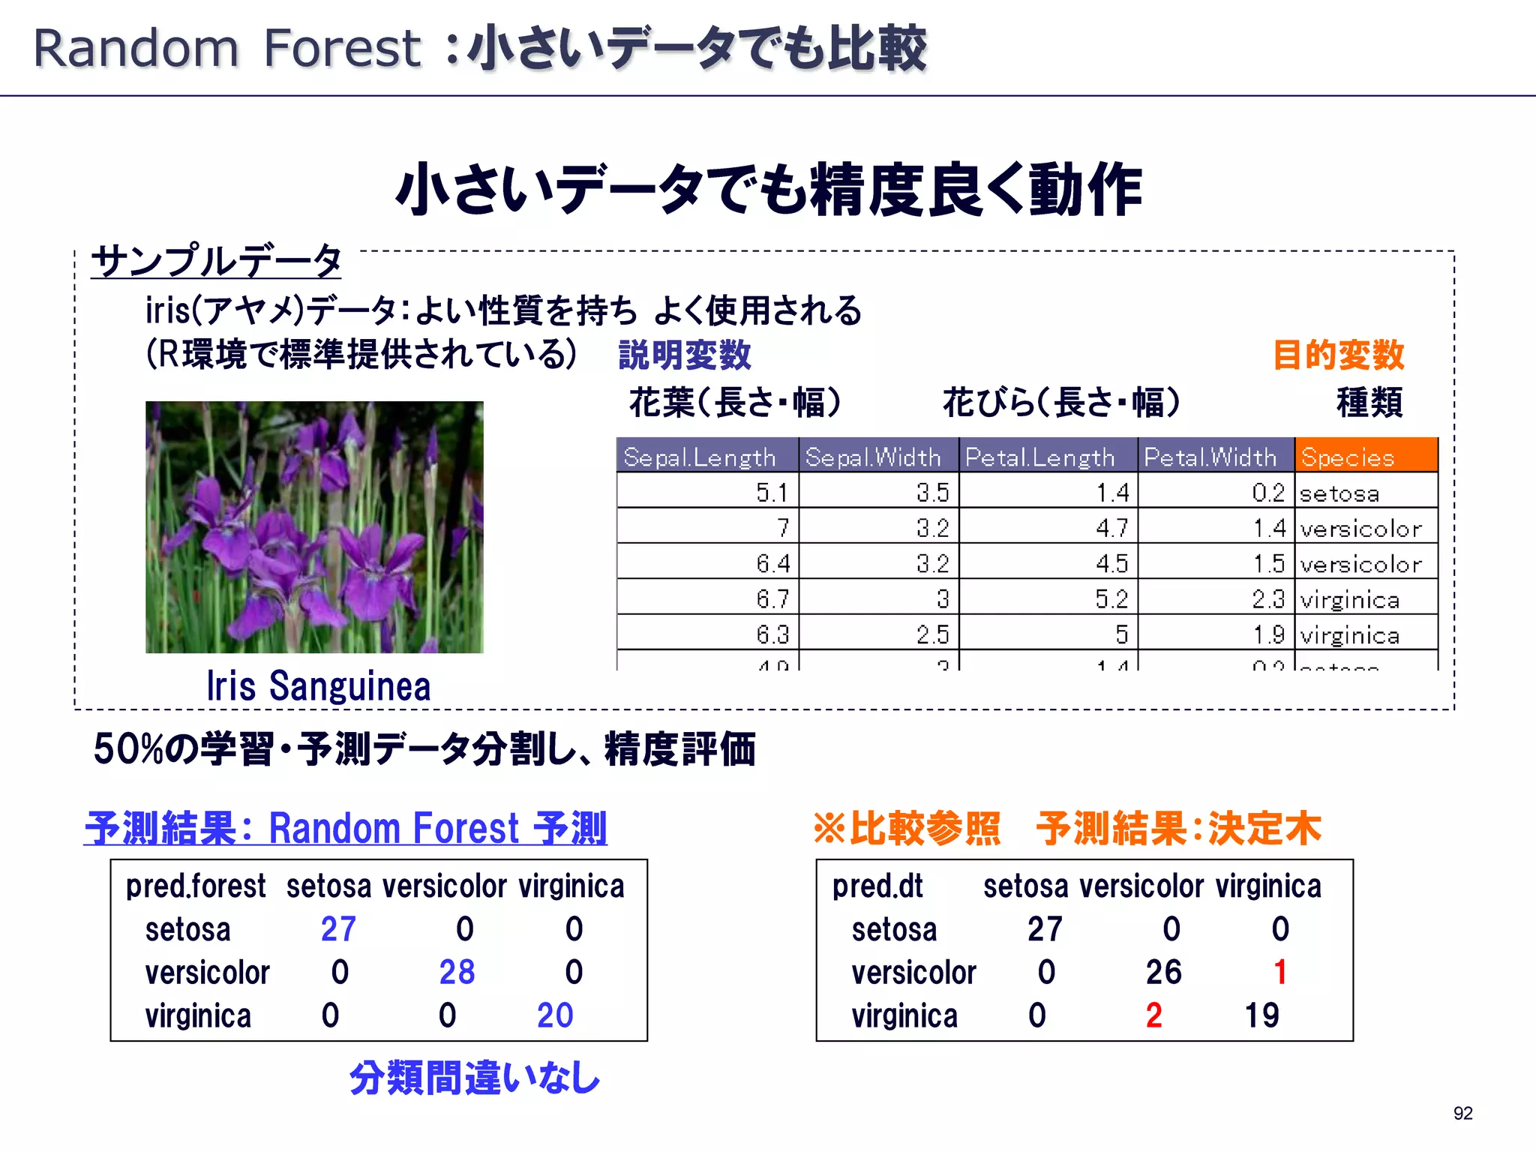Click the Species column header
[1365, 456]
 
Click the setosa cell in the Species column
[1339, 493]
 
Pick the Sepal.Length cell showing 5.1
[772, 493]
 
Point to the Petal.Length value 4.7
[1111, 528]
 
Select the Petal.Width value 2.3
[1268, 598]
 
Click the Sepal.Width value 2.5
[932, 634]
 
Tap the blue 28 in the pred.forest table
[457, 972]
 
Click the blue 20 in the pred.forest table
[555, 1015]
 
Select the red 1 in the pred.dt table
[1280, 972]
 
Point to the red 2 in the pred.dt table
[1153, 1015]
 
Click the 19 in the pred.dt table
[1261, 1015]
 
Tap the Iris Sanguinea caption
[319, 686]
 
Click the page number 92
[1462, 1113]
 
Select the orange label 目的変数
[1339, 355]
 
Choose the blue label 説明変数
[684, 355]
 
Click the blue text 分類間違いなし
[475, 1078]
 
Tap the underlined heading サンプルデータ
[217, 261]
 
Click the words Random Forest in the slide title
[227, 49]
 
